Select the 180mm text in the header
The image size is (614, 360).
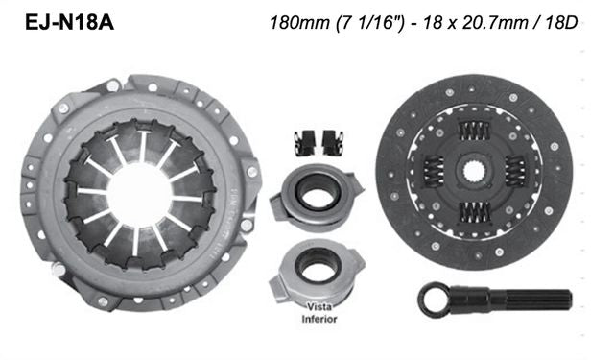301,21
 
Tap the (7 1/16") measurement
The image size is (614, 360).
364,21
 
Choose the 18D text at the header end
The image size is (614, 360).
558,21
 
